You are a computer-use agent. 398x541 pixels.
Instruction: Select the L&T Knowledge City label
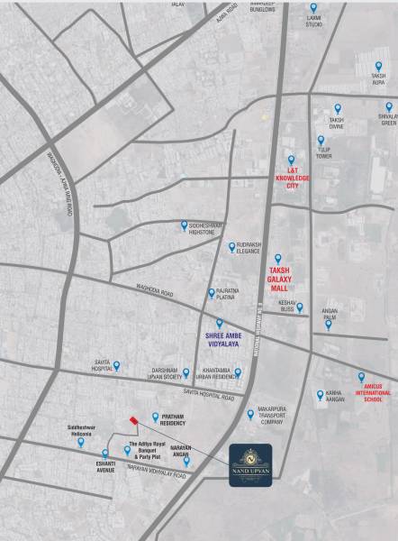coord(292,175)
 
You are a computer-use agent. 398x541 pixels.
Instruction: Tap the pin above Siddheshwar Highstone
coord(185,225)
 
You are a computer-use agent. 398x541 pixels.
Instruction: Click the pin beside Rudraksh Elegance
coord(231,246)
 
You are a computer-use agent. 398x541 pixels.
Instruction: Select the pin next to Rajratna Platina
coord(212,292)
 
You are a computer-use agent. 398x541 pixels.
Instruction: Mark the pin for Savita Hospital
coord(116,365)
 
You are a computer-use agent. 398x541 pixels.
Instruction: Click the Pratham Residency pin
coord(156,417)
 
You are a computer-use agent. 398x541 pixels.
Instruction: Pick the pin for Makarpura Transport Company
coord(251,414)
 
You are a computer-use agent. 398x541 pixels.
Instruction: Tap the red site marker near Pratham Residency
coord(133,420)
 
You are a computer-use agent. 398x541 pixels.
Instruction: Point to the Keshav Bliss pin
coord(300,307)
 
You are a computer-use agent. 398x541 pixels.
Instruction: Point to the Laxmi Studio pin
coord(313,7)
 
